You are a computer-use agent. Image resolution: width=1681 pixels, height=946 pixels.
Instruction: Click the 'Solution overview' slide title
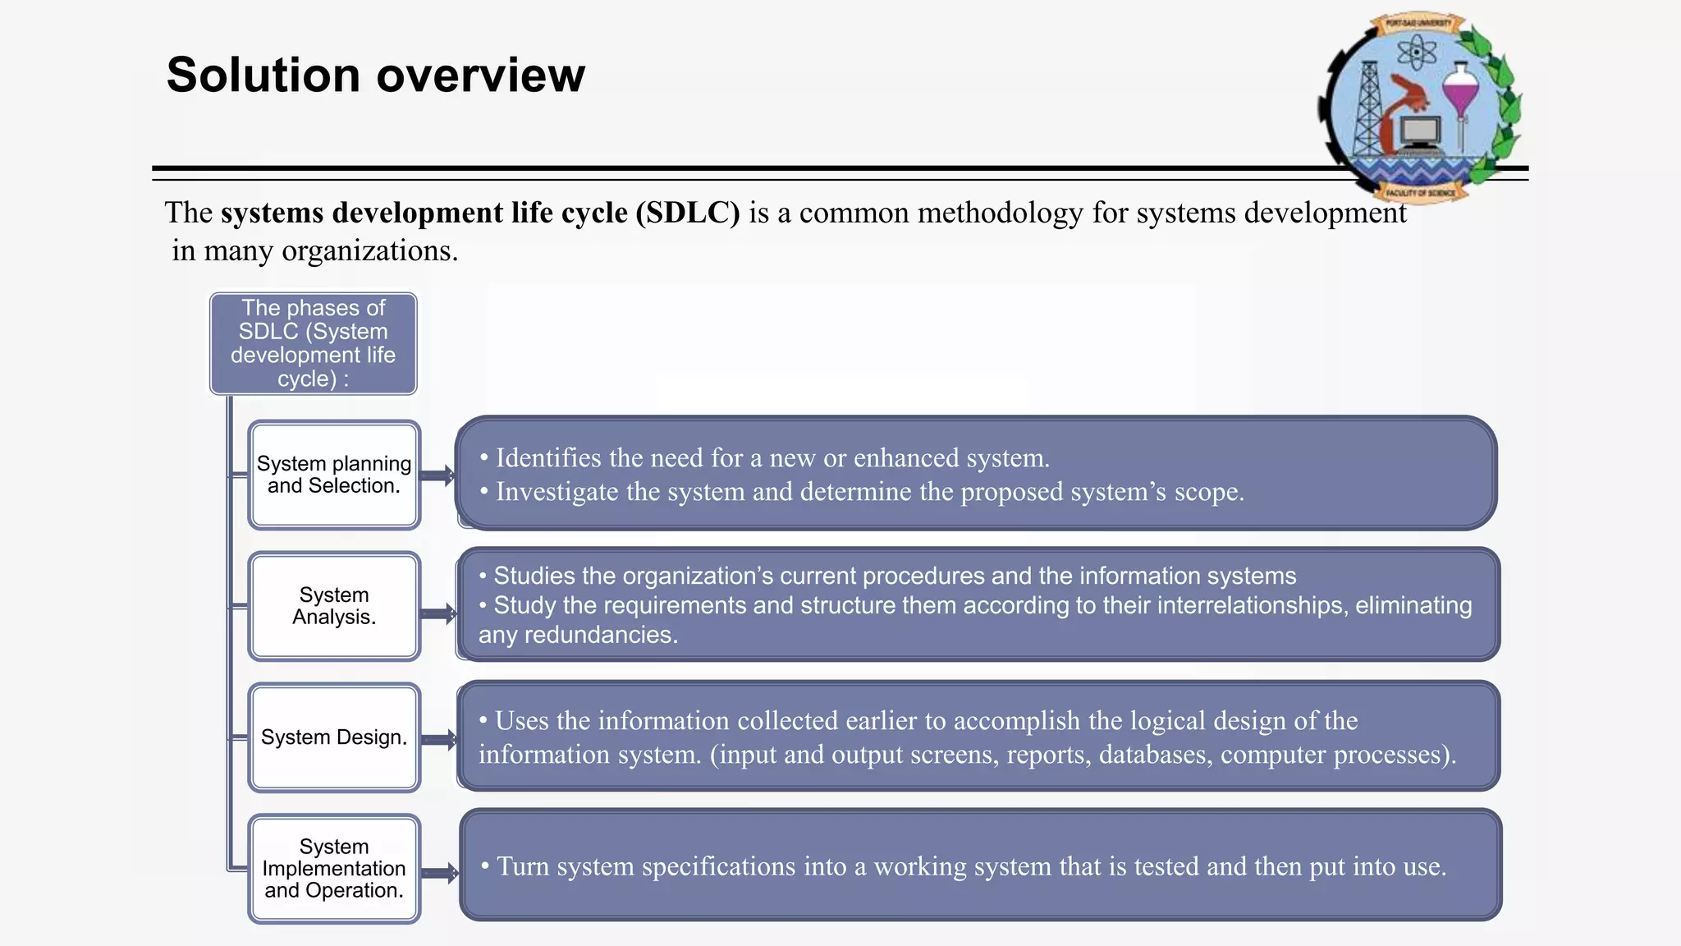click(376, 75)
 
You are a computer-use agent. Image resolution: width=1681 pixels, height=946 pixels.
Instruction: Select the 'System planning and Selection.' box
click(334, 475)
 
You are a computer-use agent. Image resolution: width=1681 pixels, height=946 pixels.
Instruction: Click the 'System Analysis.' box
click(334, 606)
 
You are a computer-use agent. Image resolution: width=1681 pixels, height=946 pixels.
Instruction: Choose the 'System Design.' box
click(334, 737)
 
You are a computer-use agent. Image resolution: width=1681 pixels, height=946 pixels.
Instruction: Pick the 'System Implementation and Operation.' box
click(334, 869)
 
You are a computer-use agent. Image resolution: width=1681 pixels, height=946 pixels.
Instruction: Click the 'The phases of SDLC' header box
click(313, 343)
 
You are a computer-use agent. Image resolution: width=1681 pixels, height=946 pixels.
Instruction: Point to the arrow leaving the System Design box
click(440, 739)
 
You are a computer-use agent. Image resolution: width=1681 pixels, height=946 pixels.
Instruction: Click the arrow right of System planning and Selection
click(437, 475)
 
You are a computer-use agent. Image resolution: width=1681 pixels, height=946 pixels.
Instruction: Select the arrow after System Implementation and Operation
click(441, 872)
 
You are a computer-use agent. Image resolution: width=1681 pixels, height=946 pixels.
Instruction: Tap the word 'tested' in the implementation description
click(1166, 866)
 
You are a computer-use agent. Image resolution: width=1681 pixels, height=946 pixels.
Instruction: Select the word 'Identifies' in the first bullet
click(547, 457)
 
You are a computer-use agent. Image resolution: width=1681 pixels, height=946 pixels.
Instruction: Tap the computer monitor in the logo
click(1420, 131)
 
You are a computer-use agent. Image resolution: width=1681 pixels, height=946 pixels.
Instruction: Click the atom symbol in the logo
click(1417, 54)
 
